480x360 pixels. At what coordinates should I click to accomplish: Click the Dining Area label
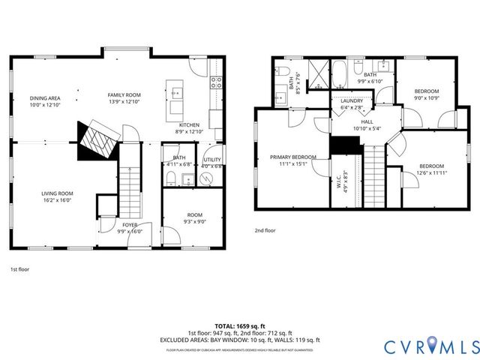(45, 98)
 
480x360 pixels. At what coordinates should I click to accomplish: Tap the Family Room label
(124, 94)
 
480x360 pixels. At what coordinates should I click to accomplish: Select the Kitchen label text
(188, 124)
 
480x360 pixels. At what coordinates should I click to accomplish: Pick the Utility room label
(212, 160)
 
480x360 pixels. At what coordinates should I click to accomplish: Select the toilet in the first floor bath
(171, 178)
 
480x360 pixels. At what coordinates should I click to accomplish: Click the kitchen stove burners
(216, 82)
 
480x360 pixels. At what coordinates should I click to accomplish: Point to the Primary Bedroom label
(293, 157)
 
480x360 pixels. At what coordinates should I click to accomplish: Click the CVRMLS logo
(430, 346)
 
